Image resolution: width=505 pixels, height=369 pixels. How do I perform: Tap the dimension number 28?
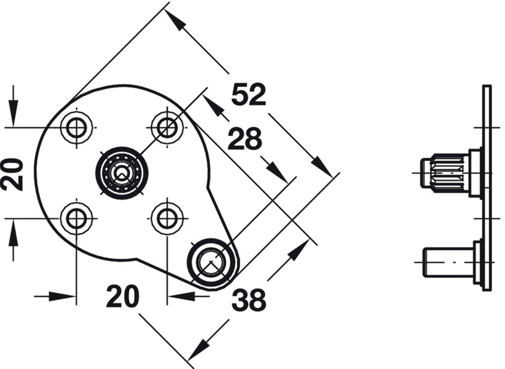click(x=245, y=139)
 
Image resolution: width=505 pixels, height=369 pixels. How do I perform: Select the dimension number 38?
click(x=249, y=300)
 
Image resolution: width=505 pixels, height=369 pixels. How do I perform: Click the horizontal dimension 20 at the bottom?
click(x=122, y=296)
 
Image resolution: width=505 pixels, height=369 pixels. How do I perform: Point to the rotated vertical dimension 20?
click(x=12, y=174)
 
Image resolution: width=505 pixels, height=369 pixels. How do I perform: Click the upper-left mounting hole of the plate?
click(x=76, y=128)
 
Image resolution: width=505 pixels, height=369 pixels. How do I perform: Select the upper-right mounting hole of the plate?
click(x=167, y=128)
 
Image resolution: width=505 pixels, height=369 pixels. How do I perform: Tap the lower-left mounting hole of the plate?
click(x=76, y=218)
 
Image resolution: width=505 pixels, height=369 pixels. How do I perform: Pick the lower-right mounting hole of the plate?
click(x=167, y=218)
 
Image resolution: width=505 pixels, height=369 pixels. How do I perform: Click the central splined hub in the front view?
click(x=122, y=173)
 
